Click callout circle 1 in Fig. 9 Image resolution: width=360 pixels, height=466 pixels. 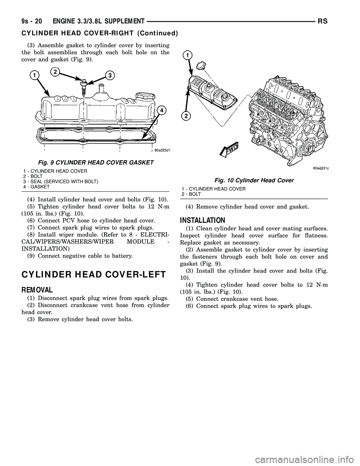coord(35,76)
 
